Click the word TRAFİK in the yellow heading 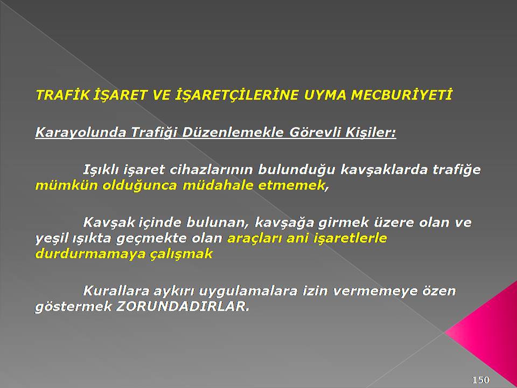(x=62, y=95)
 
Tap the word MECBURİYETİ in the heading (x=401, y=95)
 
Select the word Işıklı (x=101, y=170)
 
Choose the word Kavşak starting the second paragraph (x=108, y=223)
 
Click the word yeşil (x=51, y=238)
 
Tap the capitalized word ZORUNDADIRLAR (x=183, y=307)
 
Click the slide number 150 (x=481, y=380)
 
